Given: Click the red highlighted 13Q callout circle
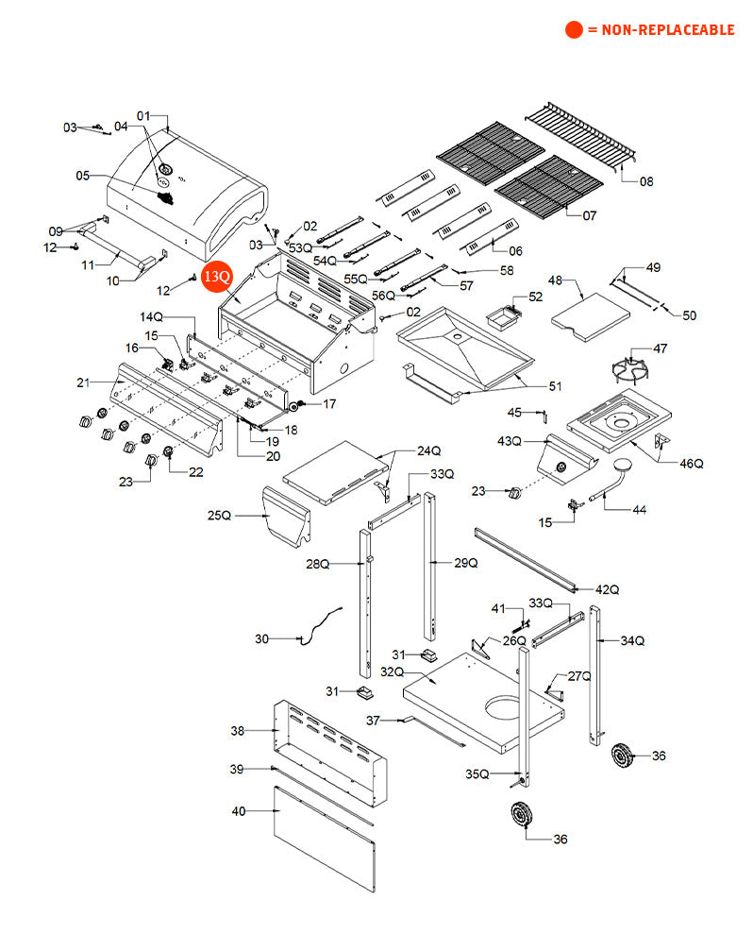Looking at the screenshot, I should [216, 277].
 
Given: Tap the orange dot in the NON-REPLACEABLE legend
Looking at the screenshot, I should [574, 30].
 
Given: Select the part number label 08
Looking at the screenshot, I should [645, 181].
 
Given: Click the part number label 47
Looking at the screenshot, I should [661, 348].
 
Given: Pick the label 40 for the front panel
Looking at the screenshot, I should [238, 810].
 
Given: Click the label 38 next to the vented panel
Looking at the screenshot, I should [238, 731].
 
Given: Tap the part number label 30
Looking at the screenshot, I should [262, 639].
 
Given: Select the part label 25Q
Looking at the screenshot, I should [219, 516].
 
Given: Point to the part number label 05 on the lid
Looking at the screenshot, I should [83, 175].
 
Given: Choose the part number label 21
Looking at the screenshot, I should [84, 382].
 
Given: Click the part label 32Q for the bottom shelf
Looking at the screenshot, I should [392, 672].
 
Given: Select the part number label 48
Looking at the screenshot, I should [556, 280].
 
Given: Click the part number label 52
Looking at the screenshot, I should [536, 297].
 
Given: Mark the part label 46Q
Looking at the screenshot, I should [692, 464].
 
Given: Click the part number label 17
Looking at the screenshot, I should [329, 404].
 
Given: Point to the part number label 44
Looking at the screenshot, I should [639, 510].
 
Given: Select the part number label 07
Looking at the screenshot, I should [589, 215].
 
